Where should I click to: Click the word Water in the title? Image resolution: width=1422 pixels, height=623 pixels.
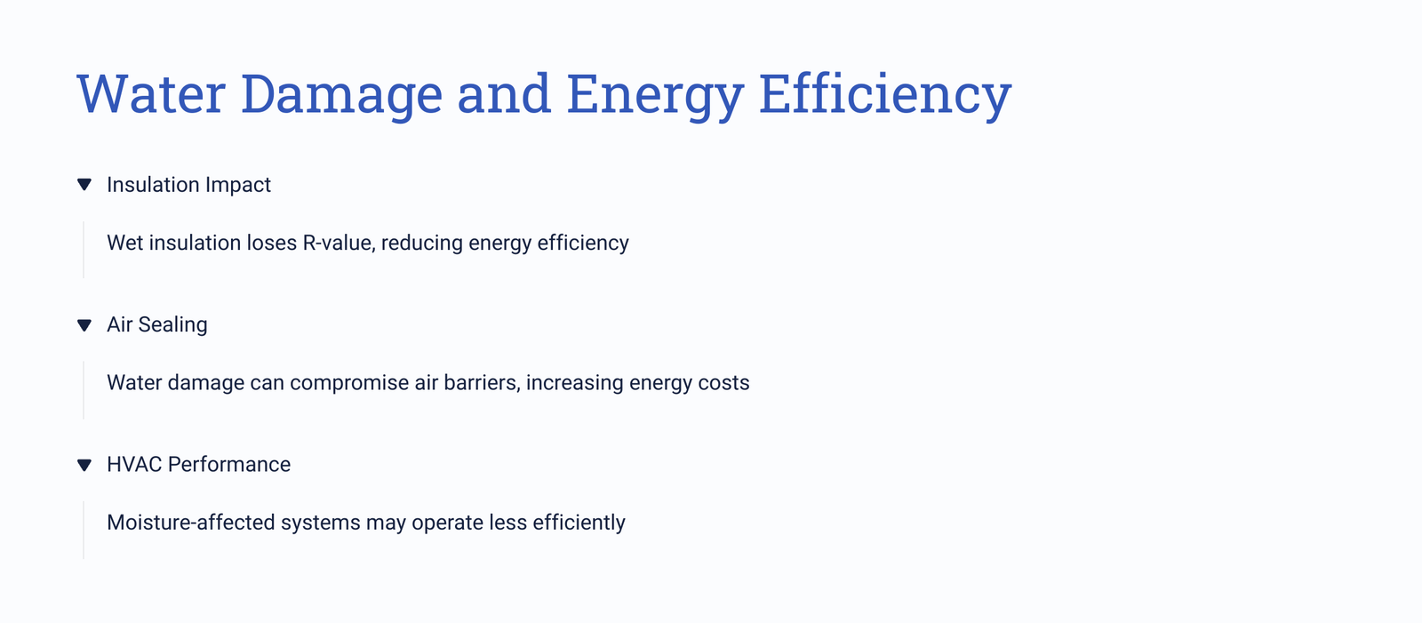tap(151, 94)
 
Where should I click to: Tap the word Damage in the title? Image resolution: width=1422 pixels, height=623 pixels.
tap(341, 95)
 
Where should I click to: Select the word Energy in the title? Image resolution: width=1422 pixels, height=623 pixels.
tap(654, 95)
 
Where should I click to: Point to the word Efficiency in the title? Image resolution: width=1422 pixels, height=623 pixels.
tap(885, 95)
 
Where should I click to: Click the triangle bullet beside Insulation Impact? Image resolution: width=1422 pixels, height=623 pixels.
tap(84, 185)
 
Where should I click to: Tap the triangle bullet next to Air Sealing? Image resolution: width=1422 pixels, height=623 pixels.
tap(84, 325)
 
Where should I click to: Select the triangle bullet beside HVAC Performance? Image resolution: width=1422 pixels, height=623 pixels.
tap(84, 465)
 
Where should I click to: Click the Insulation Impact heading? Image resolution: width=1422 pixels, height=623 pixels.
tap(188, 185)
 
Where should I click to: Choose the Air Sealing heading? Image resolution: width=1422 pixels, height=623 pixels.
tap(156, 324)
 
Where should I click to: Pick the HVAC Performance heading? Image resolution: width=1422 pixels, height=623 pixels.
tap(199, 464)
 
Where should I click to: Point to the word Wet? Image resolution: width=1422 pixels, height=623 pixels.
tap(125, 243)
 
